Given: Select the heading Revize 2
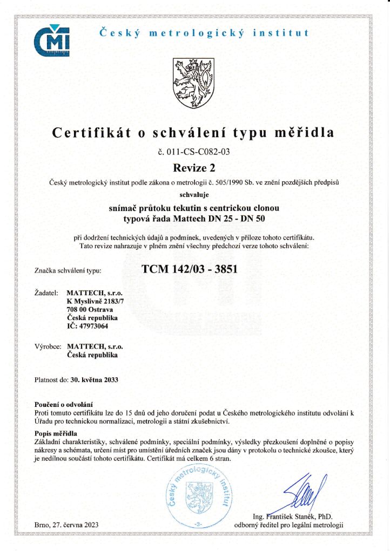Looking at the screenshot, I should tap(194, 167).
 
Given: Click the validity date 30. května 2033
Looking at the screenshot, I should tap(95, 379).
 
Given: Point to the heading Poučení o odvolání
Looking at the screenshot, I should tap(64, 404).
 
